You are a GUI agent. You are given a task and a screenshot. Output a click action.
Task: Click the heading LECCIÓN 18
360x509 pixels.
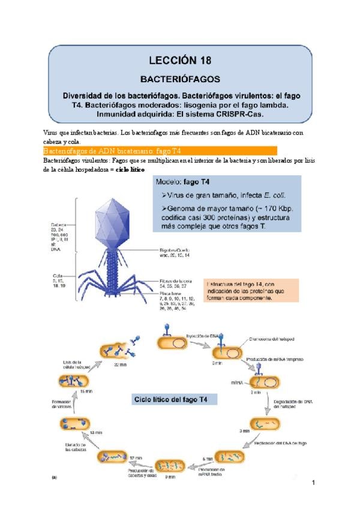pyautogui.click(x=180, y=60)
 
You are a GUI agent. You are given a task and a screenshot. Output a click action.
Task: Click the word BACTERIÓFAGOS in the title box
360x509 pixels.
pyautogui.click(x=180, y=78)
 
